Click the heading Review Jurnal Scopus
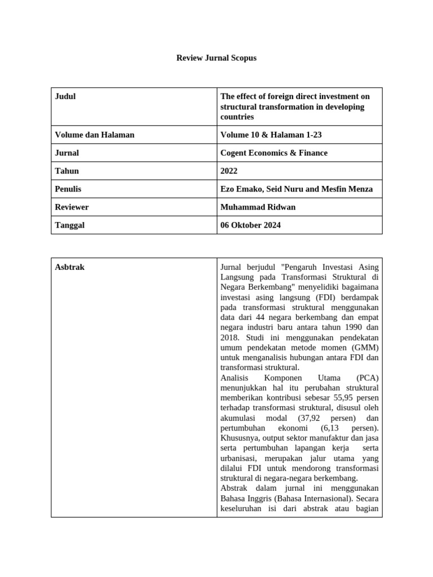(x=216, y=57)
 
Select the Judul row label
(x=65, y=96)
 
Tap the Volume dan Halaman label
(x=95, y=135)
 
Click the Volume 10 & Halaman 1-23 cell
(x=271, y=135)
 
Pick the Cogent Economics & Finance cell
(x=273, y=153)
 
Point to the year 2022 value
(x=229, y=171)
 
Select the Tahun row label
(x=67, y=171)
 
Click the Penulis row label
(x=68, y=189)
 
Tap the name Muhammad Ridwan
(x=258, y=207)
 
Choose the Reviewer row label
(x=72, y=207)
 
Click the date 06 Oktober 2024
(x=250, y=225)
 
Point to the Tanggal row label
(x=70, y=225)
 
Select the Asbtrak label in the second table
(x=70, y=267)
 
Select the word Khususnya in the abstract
(x=239, y=438)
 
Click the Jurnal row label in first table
(x=67, y=153)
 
